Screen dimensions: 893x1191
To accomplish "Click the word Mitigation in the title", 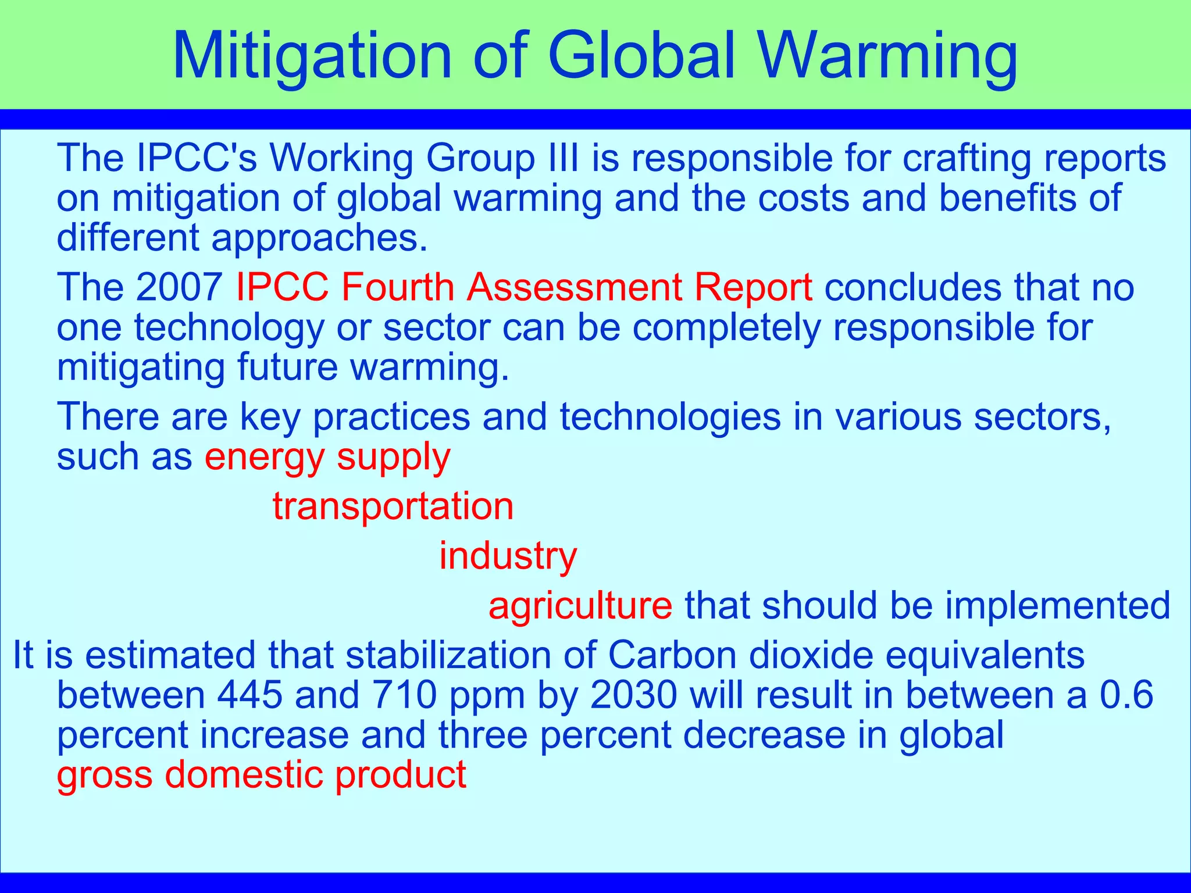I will [312, 56].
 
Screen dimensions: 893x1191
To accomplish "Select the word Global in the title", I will [642, 56].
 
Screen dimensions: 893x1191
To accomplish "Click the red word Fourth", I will [397, 287].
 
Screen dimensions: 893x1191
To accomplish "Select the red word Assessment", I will [575, 287].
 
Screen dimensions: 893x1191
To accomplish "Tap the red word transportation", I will [393, 506].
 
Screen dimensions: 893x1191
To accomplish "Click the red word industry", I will [508, 556].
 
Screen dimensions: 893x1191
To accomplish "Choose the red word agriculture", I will [580, 605].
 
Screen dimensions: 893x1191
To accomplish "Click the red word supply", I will [393, 457].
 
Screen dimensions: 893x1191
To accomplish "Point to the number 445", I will [250, 695].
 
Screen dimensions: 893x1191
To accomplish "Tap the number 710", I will [404, 695].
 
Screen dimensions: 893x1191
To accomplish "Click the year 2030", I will [634, 695].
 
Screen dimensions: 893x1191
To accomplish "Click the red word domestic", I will [244, 774].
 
